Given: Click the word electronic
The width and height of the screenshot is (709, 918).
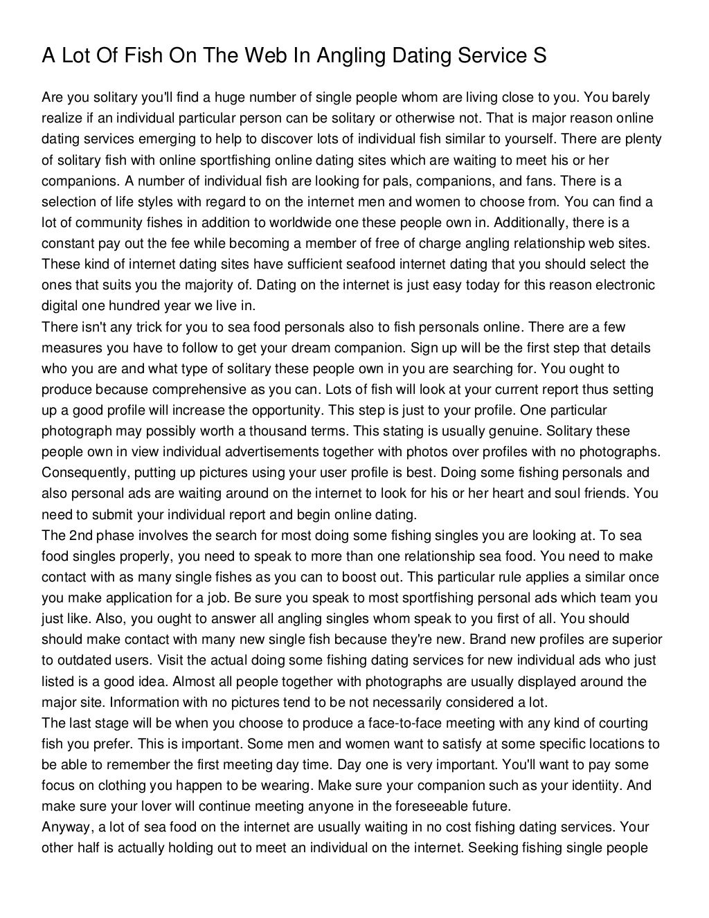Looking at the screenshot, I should click(625, 285).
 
